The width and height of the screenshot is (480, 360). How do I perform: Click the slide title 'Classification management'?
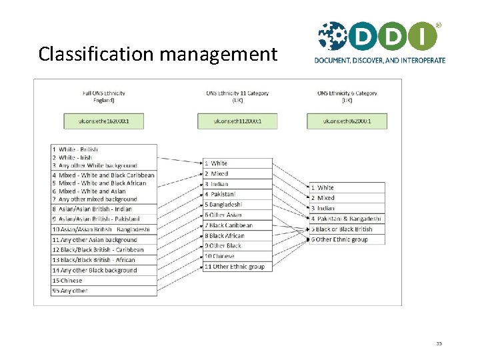tap(157, 53)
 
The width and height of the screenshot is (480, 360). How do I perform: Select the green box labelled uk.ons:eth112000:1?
tap(237, 121)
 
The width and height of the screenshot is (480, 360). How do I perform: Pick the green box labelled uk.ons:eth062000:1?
tap(347, 121)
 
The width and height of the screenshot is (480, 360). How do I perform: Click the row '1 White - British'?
tap(104, 149)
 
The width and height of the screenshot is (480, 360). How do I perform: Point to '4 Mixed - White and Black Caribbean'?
tap(104, 175)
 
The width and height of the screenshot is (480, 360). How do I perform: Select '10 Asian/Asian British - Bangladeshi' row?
tap(104, 229)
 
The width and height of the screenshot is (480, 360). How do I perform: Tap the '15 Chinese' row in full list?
tap(104, 281)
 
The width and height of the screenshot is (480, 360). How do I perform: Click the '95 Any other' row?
tap(104, 291)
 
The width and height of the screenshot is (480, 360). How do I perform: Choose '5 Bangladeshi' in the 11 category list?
tap(237, 205)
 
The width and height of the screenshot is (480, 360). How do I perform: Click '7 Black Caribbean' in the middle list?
tap(237, 225)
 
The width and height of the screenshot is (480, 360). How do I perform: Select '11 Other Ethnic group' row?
tap(237, 267)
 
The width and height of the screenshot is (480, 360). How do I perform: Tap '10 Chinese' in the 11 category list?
tap(237, 256)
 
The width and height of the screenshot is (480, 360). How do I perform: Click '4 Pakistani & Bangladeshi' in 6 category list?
tap(347, 219)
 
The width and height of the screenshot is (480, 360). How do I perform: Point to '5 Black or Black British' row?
tap(347, 229)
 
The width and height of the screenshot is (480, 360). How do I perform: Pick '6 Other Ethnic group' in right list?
tap(347, 239)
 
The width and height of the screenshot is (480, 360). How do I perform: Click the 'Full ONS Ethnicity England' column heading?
tap(103, 97)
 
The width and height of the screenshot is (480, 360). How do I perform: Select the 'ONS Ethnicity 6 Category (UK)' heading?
tap(347, 97)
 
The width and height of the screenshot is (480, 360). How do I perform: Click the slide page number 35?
tap(439, 344)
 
